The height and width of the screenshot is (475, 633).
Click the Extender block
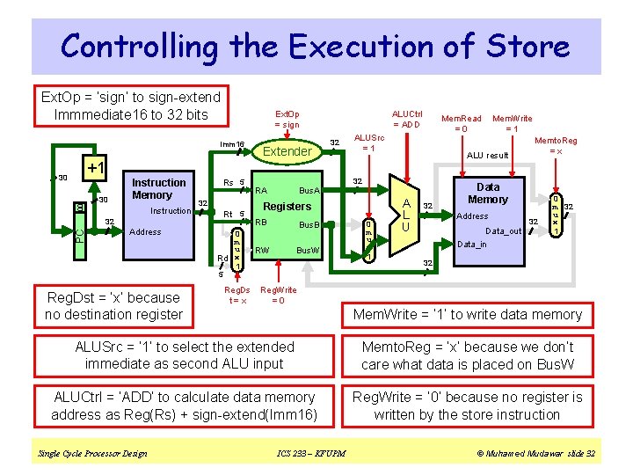(287, 151)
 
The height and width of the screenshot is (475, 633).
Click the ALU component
(404, 214)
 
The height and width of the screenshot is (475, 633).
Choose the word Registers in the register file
(287, 206)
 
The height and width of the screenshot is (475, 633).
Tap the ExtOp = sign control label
(287, 119)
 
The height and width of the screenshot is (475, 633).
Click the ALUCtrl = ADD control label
(407, 119)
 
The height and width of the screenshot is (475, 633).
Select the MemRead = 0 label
(461, 123)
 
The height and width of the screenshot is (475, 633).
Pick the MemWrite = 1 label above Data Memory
(512, 123)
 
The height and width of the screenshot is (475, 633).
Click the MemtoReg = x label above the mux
(556, 146)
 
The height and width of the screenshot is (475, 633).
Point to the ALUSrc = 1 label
(368, 142)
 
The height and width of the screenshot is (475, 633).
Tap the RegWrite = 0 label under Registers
(279, 295)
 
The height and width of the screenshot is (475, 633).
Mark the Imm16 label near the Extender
(231, 144)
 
